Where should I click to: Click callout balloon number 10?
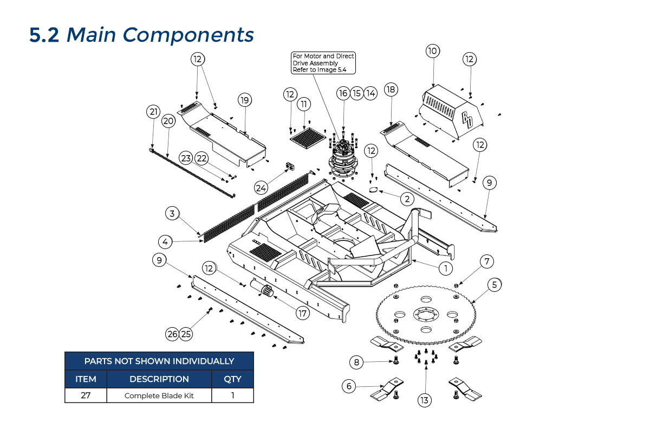coord(432,51)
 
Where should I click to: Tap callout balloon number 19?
coord(245,100)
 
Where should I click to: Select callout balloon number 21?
coord(153,112)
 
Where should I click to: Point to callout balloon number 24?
coord(262,188)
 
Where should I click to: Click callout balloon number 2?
coord(407,199)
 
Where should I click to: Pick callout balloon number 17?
coord(302,313)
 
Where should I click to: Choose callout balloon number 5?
coord(494,284)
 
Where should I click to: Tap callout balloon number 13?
coord(424,400)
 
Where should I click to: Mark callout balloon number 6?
coord(349,386)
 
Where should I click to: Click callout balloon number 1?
coord(445,268)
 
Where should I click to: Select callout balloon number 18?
coord(391,89)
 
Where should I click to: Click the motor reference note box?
coord(323,63)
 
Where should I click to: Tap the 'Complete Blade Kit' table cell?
coord(159,395)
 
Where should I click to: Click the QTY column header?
coord(232,379)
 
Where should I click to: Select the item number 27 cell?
coord(86,395)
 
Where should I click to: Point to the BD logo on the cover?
coord(467,120)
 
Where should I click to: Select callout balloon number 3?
coord(172,213)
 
